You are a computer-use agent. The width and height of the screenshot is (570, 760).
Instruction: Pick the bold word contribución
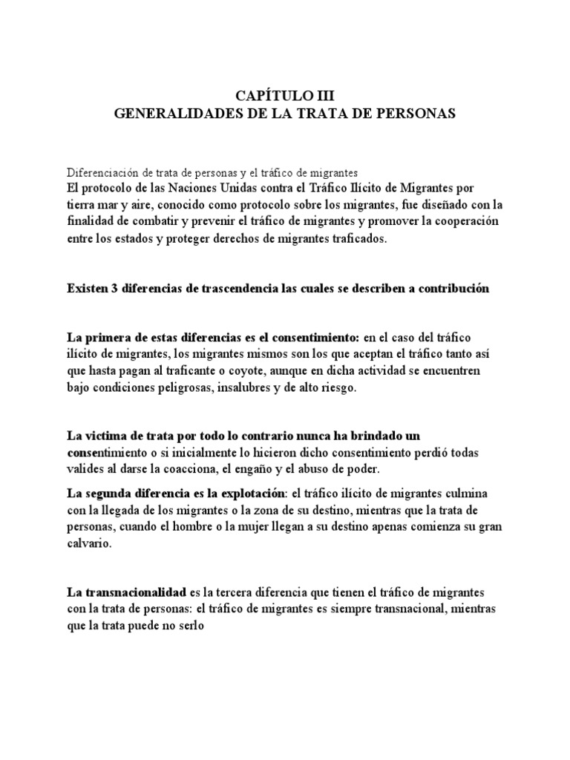click(449, 288)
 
